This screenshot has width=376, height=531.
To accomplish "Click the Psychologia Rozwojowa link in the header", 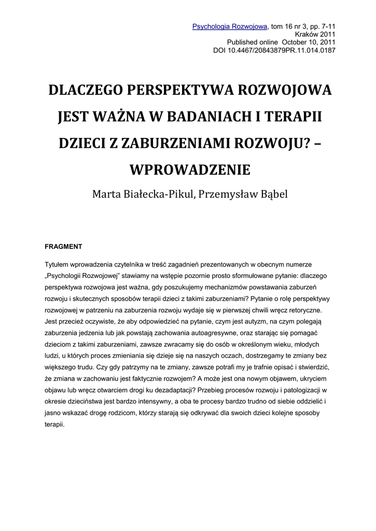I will click(230, 26).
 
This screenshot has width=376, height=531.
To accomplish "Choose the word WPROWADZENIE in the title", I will click(189, 170).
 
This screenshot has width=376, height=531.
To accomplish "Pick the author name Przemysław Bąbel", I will click(242, 194).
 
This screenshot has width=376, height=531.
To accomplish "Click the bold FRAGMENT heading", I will click(63, 246).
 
